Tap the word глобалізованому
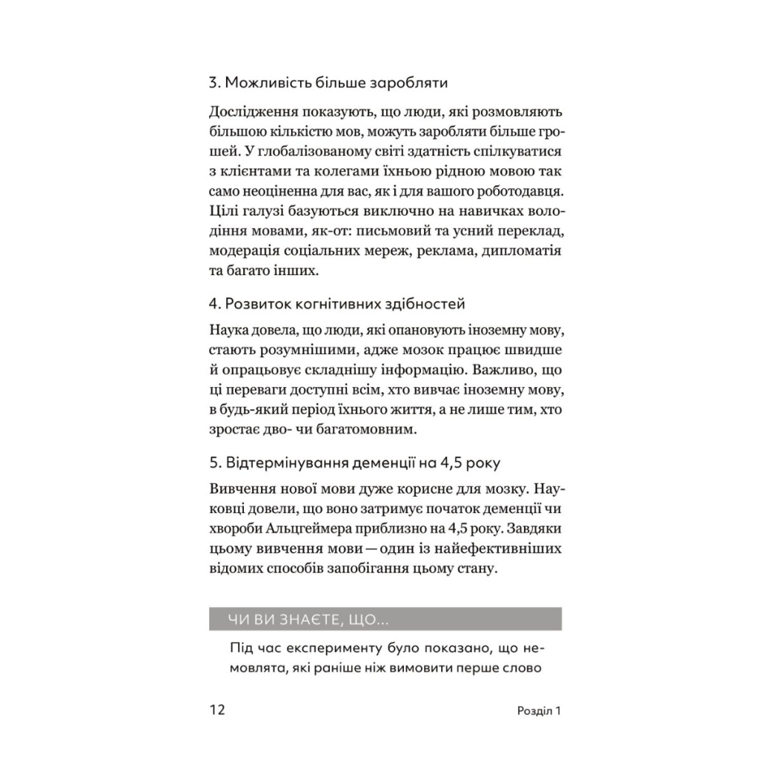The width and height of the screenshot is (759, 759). [330, 152]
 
